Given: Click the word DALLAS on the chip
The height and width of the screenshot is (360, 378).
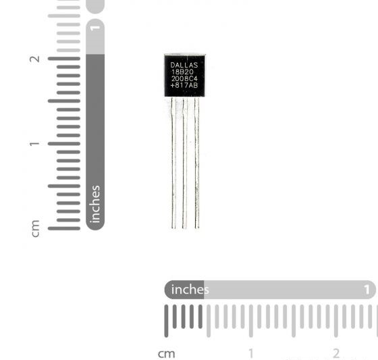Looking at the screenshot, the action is pos(184,65).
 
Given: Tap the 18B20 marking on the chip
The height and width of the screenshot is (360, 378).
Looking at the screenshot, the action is pos(182,72).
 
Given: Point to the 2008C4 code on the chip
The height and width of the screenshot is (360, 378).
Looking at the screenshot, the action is pos(184,78).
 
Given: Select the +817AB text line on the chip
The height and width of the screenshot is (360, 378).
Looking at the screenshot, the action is pos(184,85).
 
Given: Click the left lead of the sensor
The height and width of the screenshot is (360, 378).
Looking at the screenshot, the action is pos(173,163).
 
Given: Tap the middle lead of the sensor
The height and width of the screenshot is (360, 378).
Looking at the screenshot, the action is pos(185,163).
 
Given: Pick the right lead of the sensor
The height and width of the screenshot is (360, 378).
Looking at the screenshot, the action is pos(196,163).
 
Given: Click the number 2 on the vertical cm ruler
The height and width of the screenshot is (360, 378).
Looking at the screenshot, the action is pos(34,59).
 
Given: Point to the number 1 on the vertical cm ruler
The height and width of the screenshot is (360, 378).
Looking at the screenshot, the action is pos(34,144).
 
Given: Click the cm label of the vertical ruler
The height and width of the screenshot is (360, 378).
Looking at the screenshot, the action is pos(35,228).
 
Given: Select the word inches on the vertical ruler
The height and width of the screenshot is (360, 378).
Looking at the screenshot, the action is pos(95,204).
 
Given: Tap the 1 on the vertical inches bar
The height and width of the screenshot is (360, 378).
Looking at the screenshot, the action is pos(95,28).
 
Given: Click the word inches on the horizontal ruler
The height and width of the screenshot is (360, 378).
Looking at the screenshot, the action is pos(190,290).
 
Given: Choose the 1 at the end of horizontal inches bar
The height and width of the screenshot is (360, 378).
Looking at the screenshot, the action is pos(367,290).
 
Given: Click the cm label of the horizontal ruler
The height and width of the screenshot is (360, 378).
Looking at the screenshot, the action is pos(166,354).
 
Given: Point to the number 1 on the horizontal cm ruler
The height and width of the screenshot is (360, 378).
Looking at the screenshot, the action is pos(251,353).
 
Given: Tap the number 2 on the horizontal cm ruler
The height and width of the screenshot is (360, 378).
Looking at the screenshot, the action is pos(336,353).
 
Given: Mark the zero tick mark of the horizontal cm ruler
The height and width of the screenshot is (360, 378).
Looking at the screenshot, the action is pos(166,321).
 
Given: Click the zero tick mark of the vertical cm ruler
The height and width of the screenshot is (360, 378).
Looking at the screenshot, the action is pos(64,228).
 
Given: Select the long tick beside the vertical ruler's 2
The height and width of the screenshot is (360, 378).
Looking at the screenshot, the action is pos(64,59).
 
